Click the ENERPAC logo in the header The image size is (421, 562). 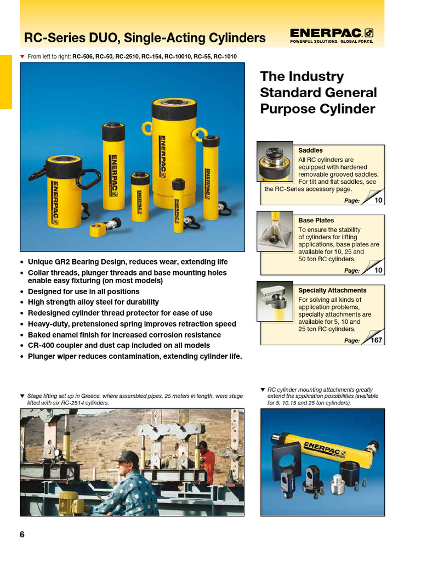[332, 35]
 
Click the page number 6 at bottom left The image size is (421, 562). [22, 535]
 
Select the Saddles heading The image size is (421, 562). [310, 150]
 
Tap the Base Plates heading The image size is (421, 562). [316, 220]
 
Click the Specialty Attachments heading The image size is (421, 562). [332, 290]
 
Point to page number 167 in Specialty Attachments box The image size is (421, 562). [376, 340]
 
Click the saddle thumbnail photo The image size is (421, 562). [275, 161]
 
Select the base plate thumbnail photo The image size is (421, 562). [275, 231]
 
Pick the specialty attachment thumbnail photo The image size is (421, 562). [275, 301]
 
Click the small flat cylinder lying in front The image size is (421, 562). [100, 228]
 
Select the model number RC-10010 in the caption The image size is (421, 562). [171, 56]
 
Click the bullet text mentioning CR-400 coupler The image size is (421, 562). [118, 345]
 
